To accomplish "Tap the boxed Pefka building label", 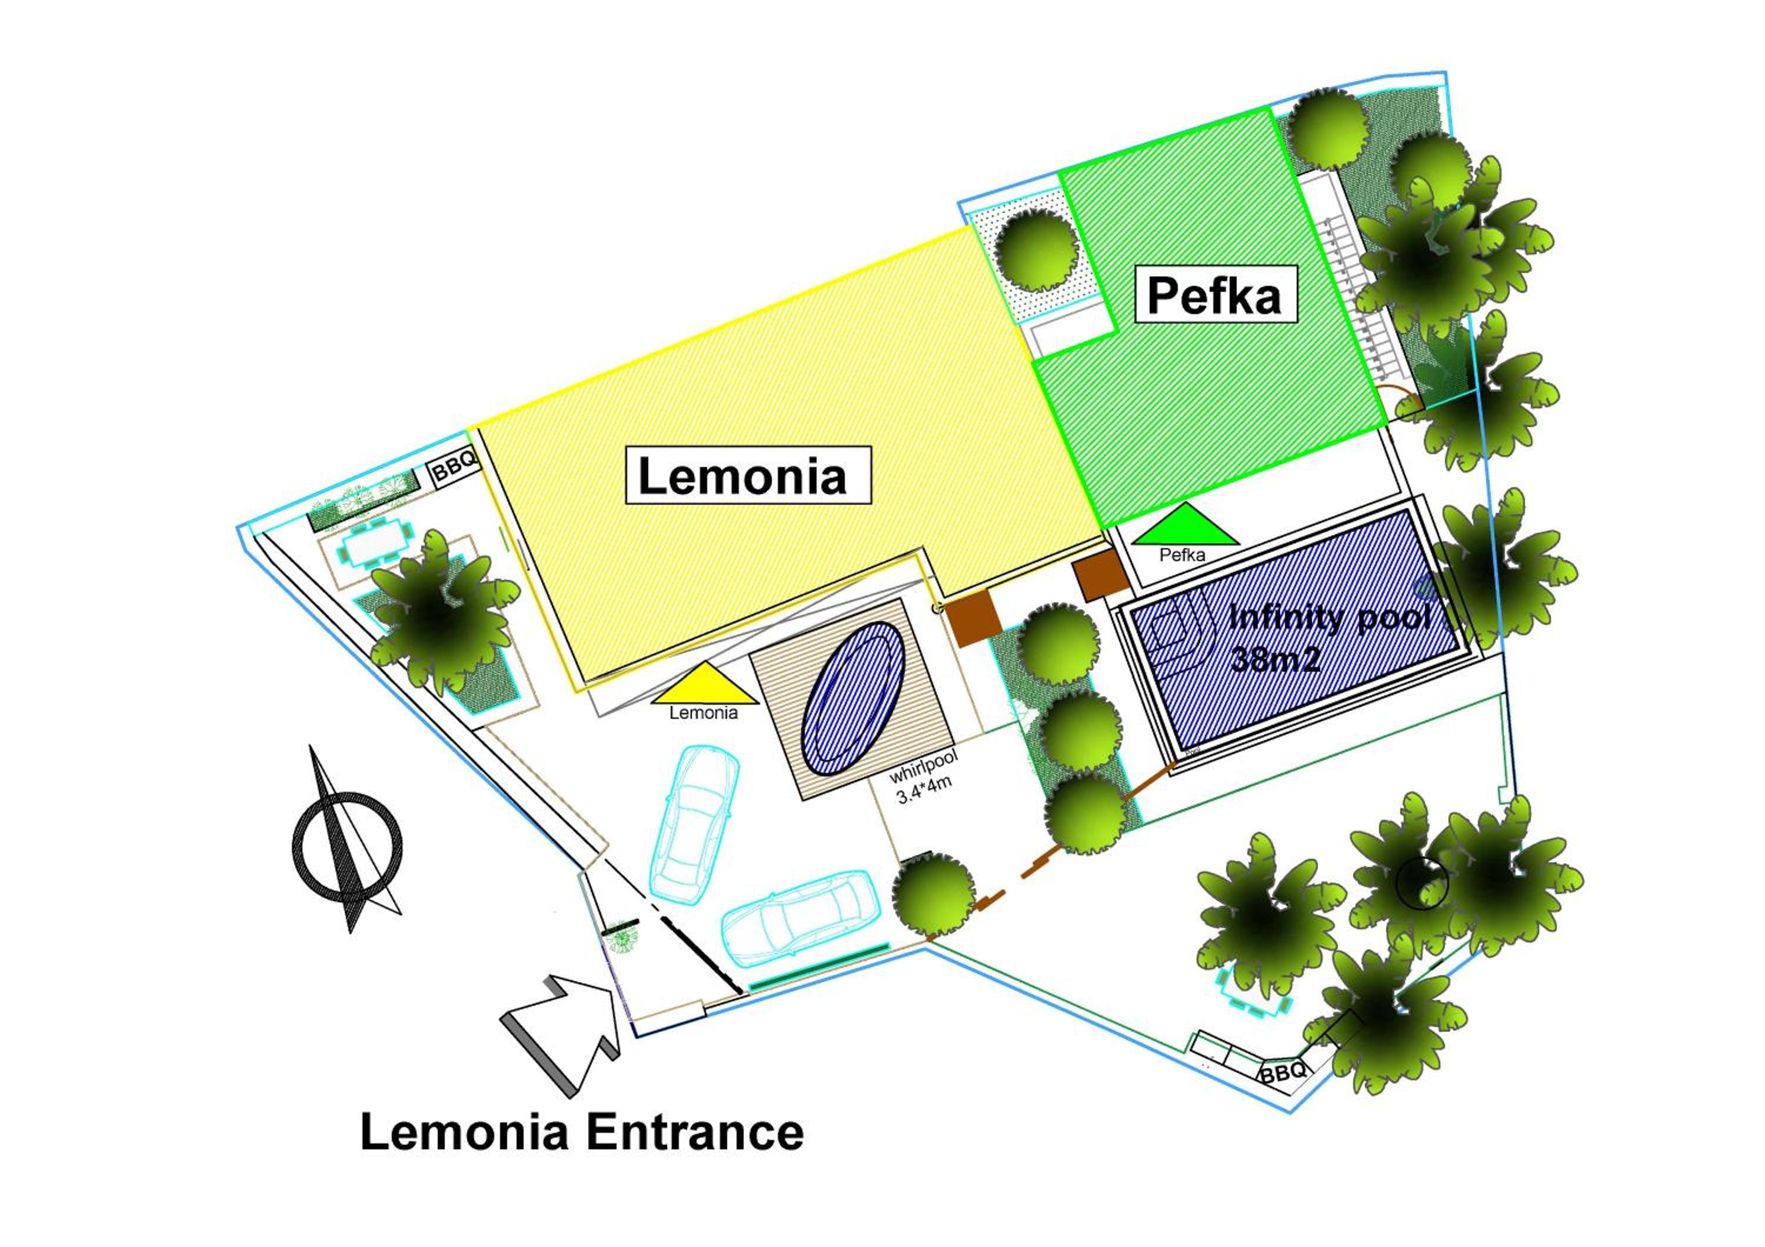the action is tap(1215, 294).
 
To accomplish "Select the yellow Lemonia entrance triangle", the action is tap(705, 686).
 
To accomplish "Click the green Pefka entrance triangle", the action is tap(1185, 525).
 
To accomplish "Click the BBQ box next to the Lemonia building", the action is tap(455, 466).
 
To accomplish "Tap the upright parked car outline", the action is tap(694, 823).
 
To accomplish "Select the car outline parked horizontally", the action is tap(802, 918).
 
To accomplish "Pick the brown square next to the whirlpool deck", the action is tap(974, 619).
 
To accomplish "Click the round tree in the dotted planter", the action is tap(1035, 251).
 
